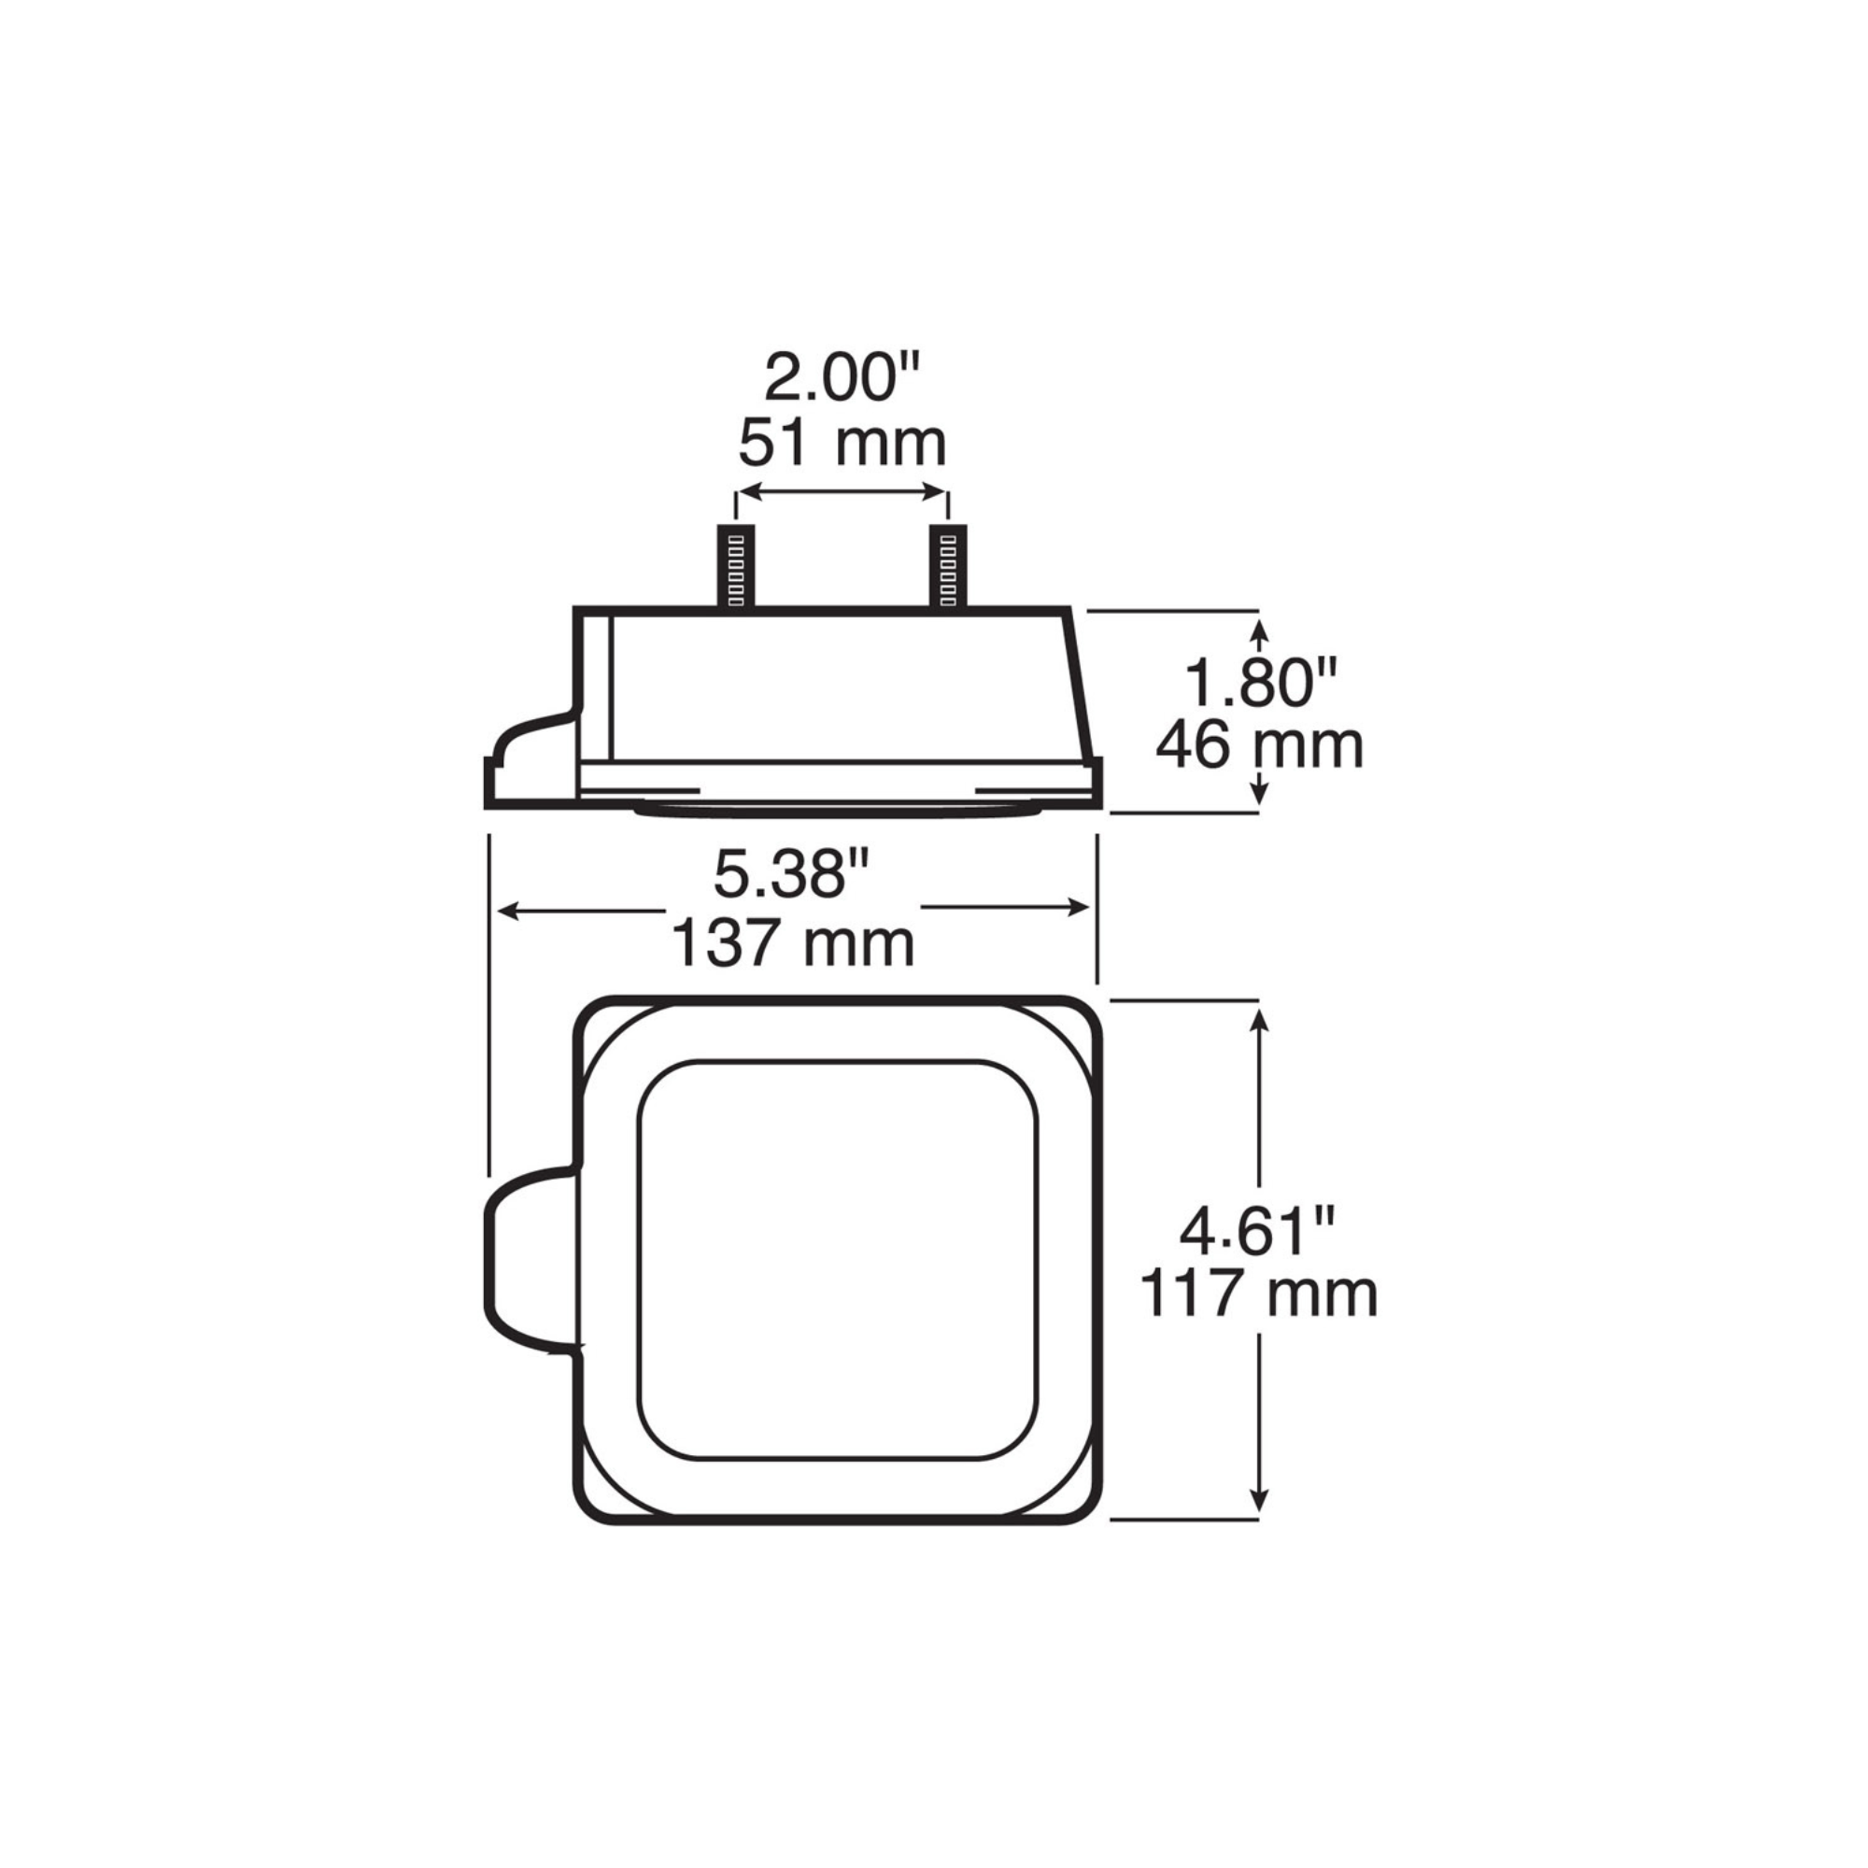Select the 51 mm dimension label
click(842, 444)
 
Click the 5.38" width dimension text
click(793, 875)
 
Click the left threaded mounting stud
click(735, 567)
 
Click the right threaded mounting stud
click(947, 567)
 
